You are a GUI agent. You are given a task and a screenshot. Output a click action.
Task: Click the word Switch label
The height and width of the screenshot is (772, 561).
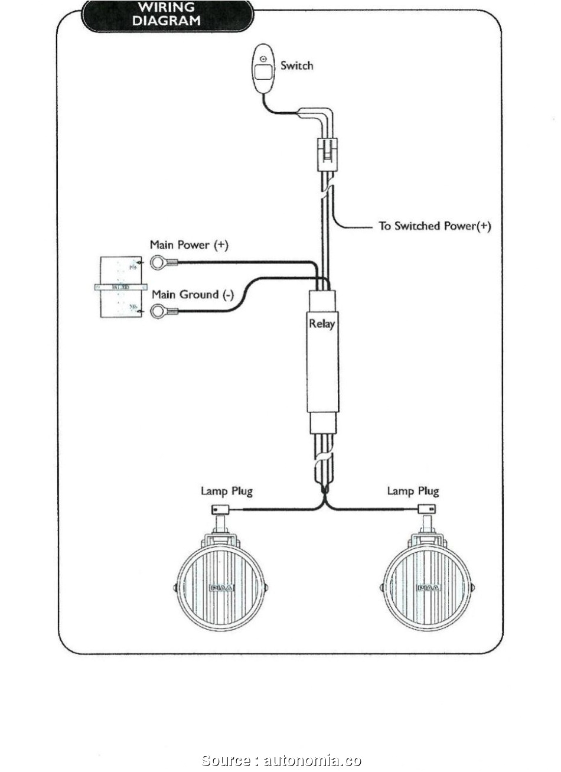[296, 66]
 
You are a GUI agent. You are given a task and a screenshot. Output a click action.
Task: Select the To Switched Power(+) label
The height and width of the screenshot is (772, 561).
[435, 226]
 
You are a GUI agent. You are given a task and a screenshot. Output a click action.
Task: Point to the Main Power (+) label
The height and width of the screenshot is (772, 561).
[188, 245]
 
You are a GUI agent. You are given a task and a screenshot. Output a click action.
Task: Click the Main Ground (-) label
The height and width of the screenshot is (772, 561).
[193, 294]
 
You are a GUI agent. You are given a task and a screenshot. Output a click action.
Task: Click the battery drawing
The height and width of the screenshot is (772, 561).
[120, 287]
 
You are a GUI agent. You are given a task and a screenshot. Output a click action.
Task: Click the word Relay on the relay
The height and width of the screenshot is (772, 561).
[322, 324]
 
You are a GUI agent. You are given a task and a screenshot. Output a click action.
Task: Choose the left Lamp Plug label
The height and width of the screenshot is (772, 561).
[227, 491]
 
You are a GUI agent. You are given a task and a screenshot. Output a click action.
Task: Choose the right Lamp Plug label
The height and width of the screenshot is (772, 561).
[413, 491]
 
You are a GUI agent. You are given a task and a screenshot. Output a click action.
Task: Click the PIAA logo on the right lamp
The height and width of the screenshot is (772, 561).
[428, 588]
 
